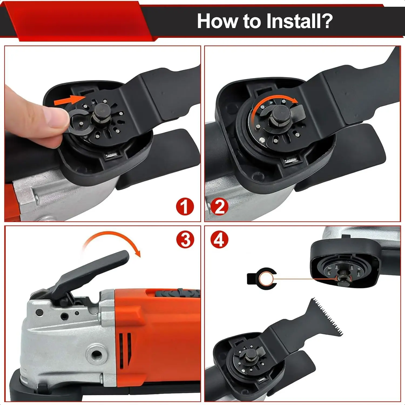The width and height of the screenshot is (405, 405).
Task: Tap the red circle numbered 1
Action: click(185, 207)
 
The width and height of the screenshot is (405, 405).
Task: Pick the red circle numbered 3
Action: click(185, 239)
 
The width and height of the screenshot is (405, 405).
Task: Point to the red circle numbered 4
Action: click(219, 239)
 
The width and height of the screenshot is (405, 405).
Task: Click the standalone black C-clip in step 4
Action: click(262, 278)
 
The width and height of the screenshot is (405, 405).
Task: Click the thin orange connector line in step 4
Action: click(305, 279)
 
